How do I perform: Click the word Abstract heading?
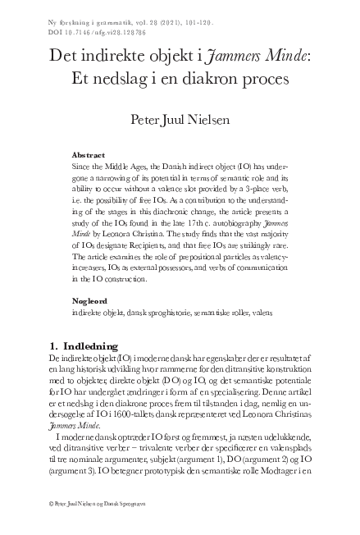(x=89, y=154)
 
